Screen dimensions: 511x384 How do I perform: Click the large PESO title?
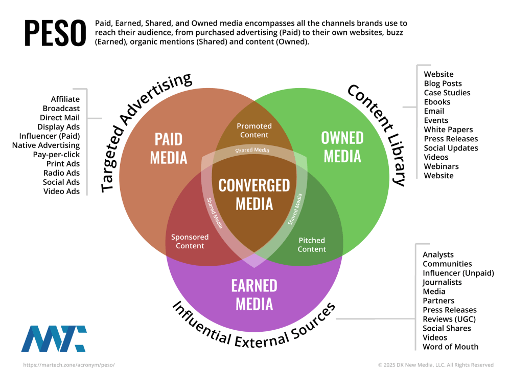pos(55,33)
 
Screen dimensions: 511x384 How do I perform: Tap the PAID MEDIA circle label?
pos(169,148)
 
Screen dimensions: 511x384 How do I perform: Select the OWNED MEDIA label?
pos(342,147)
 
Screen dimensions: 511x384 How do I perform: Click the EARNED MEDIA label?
pos(254,295)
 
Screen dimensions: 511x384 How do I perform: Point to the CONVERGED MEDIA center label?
pos(254,195)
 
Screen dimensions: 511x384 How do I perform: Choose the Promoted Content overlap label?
pos(254,130)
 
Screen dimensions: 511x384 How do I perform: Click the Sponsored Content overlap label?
pos(190,241)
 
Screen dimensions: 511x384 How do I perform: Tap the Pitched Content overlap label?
pos(312,245)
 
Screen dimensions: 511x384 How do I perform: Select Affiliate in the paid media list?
pos(65,99)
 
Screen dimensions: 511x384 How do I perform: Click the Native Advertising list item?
pos(46,145)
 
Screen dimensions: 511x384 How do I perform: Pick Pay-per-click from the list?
pos(56,155)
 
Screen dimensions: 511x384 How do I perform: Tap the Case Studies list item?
pos(447,93)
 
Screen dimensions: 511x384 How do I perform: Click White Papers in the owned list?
pos(449,130)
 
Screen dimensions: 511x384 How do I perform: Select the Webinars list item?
pos(442,166)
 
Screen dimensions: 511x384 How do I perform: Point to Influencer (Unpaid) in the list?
pos(458,273)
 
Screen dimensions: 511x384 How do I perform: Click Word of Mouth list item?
pos(451,347)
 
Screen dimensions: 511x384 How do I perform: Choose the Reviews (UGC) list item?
pos(449,319)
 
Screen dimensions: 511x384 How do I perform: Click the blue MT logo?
pos(54,338)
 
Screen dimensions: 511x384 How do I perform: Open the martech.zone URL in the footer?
pos(69,365)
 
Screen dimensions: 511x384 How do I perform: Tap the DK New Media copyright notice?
pos(436,365)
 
